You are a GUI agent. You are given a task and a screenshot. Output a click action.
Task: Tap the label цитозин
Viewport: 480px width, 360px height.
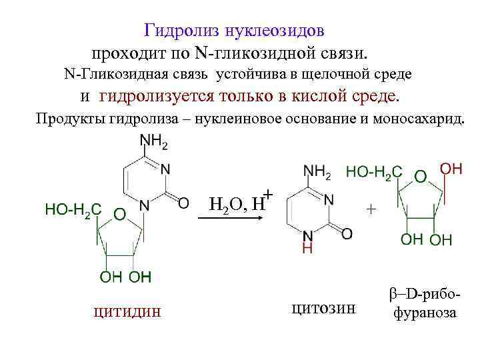325,307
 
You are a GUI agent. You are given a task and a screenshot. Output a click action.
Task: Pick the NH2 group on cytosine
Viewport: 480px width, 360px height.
316,173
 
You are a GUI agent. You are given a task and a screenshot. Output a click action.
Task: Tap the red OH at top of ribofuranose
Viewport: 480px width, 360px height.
452,169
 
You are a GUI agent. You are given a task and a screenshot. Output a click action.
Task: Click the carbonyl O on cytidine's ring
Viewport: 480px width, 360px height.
184,201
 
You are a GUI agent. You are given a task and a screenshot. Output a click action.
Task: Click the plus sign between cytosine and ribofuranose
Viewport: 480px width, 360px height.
371,209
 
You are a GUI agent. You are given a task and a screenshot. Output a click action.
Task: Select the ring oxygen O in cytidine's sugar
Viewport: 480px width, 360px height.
118,215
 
